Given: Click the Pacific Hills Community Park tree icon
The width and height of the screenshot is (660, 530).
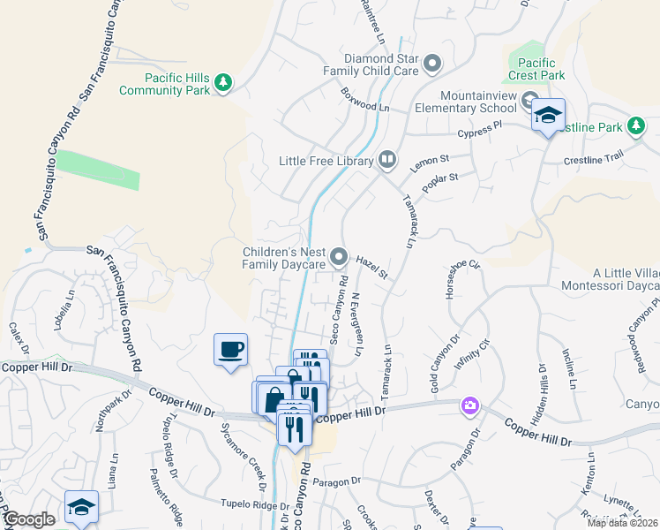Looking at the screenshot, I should [224, 82].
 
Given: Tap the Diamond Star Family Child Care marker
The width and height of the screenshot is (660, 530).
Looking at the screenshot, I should [432, 63].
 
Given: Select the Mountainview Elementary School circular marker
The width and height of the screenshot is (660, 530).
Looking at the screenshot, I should [529, 99].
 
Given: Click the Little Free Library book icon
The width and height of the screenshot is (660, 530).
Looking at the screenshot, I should [386, 160].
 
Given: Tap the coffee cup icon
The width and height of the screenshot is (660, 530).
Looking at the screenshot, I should [230, 349].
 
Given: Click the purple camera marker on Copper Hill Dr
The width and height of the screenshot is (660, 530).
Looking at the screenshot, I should [470, 405].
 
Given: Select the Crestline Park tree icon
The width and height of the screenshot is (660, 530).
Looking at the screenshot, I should [635, 126].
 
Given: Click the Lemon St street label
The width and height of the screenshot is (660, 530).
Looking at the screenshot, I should [431, 163].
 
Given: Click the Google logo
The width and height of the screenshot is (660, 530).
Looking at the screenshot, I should [28, 519].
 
